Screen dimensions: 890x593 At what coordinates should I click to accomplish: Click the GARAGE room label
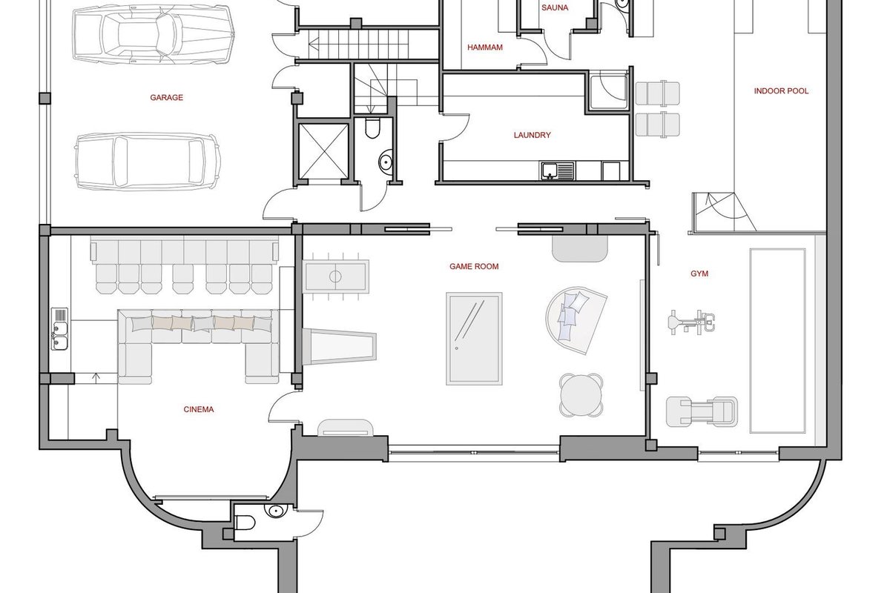tap(166, 98)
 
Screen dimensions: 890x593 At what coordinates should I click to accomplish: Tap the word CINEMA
tap(199, 409)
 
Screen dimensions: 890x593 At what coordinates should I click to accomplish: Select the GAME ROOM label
tap(474, 267)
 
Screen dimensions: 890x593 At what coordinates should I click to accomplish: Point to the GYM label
tap(699, 274)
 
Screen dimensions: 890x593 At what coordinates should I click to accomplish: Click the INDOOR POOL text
tap(781, 91)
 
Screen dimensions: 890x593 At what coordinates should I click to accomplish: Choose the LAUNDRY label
tap(532, 135)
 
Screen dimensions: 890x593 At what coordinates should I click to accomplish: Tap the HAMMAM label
tap(485, 47)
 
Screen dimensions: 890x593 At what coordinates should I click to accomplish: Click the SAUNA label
tap(555, 7)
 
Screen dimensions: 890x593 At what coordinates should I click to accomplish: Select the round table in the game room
tap(581, 395)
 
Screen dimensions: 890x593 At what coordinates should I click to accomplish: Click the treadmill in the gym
tap(702, 412)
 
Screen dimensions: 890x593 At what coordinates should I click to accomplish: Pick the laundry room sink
tap(557, 170)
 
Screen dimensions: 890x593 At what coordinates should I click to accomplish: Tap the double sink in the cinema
tap(59, 329)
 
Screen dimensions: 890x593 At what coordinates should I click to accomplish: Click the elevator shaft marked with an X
tap(323, 151)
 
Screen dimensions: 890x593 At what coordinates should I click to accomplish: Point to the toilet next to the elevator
tap(372, 128)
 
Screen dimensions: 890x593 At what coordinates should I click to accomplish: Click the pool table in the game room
tap(474, 339)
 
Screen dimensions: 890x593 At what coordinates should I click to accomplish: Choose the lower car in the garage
tap(148, 162)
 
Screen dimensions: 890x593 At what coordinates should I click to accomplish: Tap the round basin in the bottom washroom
tap(274, 511)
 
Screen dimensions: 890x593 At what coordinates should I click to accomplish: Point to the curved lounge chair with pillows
tap(576, 321)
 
